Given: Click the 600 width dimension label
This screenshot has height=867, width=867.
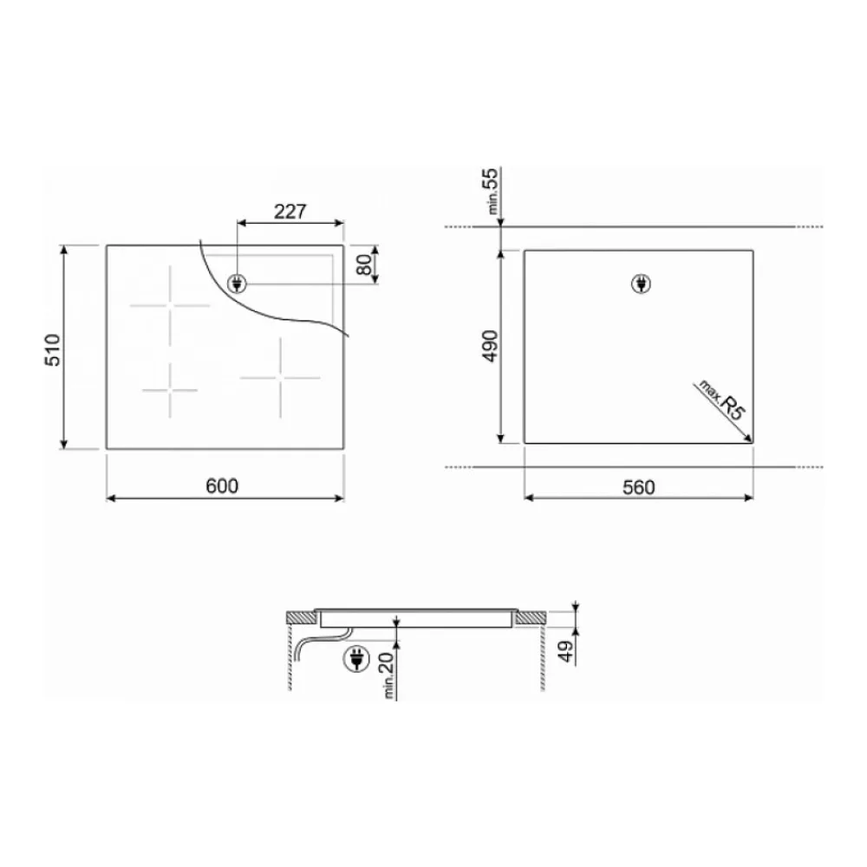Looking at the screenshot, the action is pos(222,486).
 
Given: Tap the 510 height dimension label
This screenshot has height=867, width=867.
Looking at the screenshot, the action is pos(53,349).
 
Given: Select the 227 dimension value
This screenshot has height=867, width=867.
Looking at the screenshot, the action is pos(290,212).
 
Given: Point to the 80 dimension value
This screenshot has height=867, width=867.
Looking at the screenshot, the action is pos(364,265).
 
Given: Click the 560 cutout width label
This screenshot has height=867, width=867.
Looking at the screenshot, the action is pos(639,487).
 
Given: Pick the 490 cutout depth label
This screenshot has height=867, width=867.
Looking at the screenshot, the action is pos(490,346).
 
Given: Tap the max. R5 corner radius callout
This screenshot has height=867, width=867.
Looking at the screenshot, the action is pos(723,399).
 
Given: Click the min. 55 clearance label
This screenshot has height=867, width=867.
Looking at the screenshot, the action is pos(491,191).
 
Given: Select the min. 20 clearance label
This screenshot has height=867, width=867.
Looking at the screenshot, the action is pos(387,675).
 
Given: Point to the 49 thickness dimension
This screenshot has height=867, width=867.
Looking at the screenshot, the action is pos(565,651).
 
